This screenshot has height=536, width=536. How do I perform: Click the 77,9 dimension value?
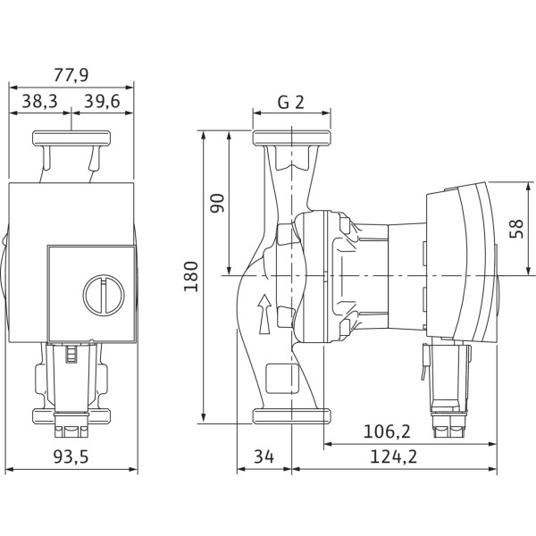click(x=71, y=75)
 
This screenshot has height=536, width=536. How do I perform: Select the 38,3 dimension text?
click(x=40, y=101)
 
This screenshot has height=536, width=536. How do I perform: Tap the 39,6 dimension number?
click(x=102, y=101)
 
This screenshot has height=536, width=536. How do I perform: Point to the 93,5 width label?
click(x=71, y=456)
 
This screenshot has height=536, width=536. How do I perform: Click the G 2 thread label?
click(x=291, y=102)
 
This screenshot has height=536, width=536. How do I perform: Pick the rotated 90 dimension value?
click(x=217, y=203)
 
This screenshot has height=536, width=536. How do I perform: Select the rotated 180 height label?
click(x=191, y=277)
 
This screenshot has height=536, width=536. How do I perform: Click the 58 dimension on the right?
click(x=516, y=229)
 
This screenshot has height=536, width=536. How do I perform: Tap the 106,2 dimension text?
click(x=387, y=431)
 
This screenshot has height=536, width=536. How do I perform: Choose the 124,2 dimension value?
click(x=394, y=456)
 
